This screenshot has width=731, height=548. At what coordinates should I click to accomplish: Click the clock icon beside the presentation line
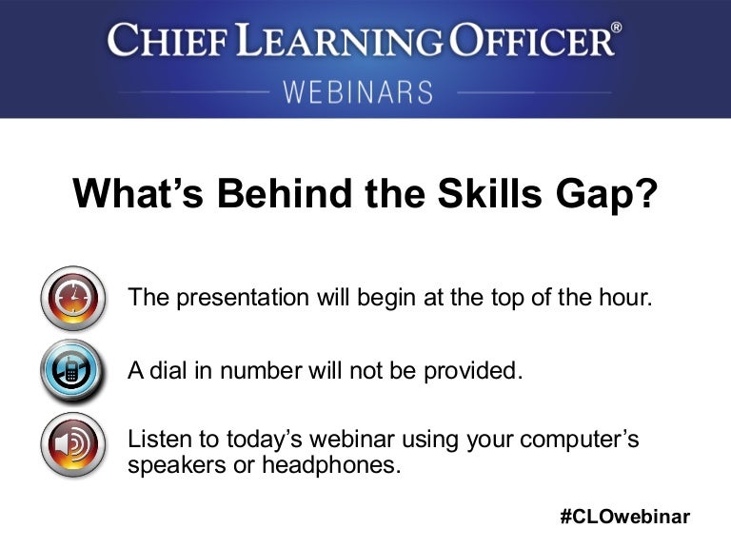72,298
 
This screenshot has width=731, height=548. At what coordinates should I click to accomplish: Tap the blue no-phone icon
71,370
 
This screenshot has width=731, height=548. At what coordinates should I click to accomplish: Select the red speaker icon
72,444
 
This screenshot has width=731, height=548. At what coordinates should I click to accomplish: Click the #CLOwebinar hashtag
625,517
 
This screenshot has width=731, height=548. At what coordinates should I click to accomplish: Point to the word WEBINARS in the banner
358,91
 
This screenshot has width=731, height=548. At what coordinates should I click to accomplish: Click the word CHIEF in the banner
168,40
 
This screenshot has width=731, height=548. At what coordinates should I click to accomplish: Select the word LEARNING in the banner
340,40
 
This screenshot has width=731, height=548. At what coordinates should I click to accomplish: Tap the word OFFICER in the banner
531,40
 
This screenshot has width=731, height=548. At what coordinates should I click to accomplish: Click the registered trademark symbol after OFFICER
617,28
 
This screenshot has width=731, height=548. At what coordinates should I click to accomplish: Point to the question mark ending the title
645,192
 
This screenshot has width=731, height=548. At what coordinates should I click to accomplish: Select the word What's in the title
138,192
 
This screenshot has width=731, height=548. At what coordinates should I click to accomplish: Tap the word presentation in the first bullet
243,298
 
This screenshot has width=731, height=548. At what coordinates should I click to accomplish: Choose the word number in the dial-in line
260,370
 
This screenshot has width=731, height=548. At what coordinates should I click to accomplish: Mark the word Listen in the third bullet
160,439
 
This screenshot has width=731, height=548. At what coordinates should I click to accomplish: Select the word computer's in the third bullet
579,440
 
